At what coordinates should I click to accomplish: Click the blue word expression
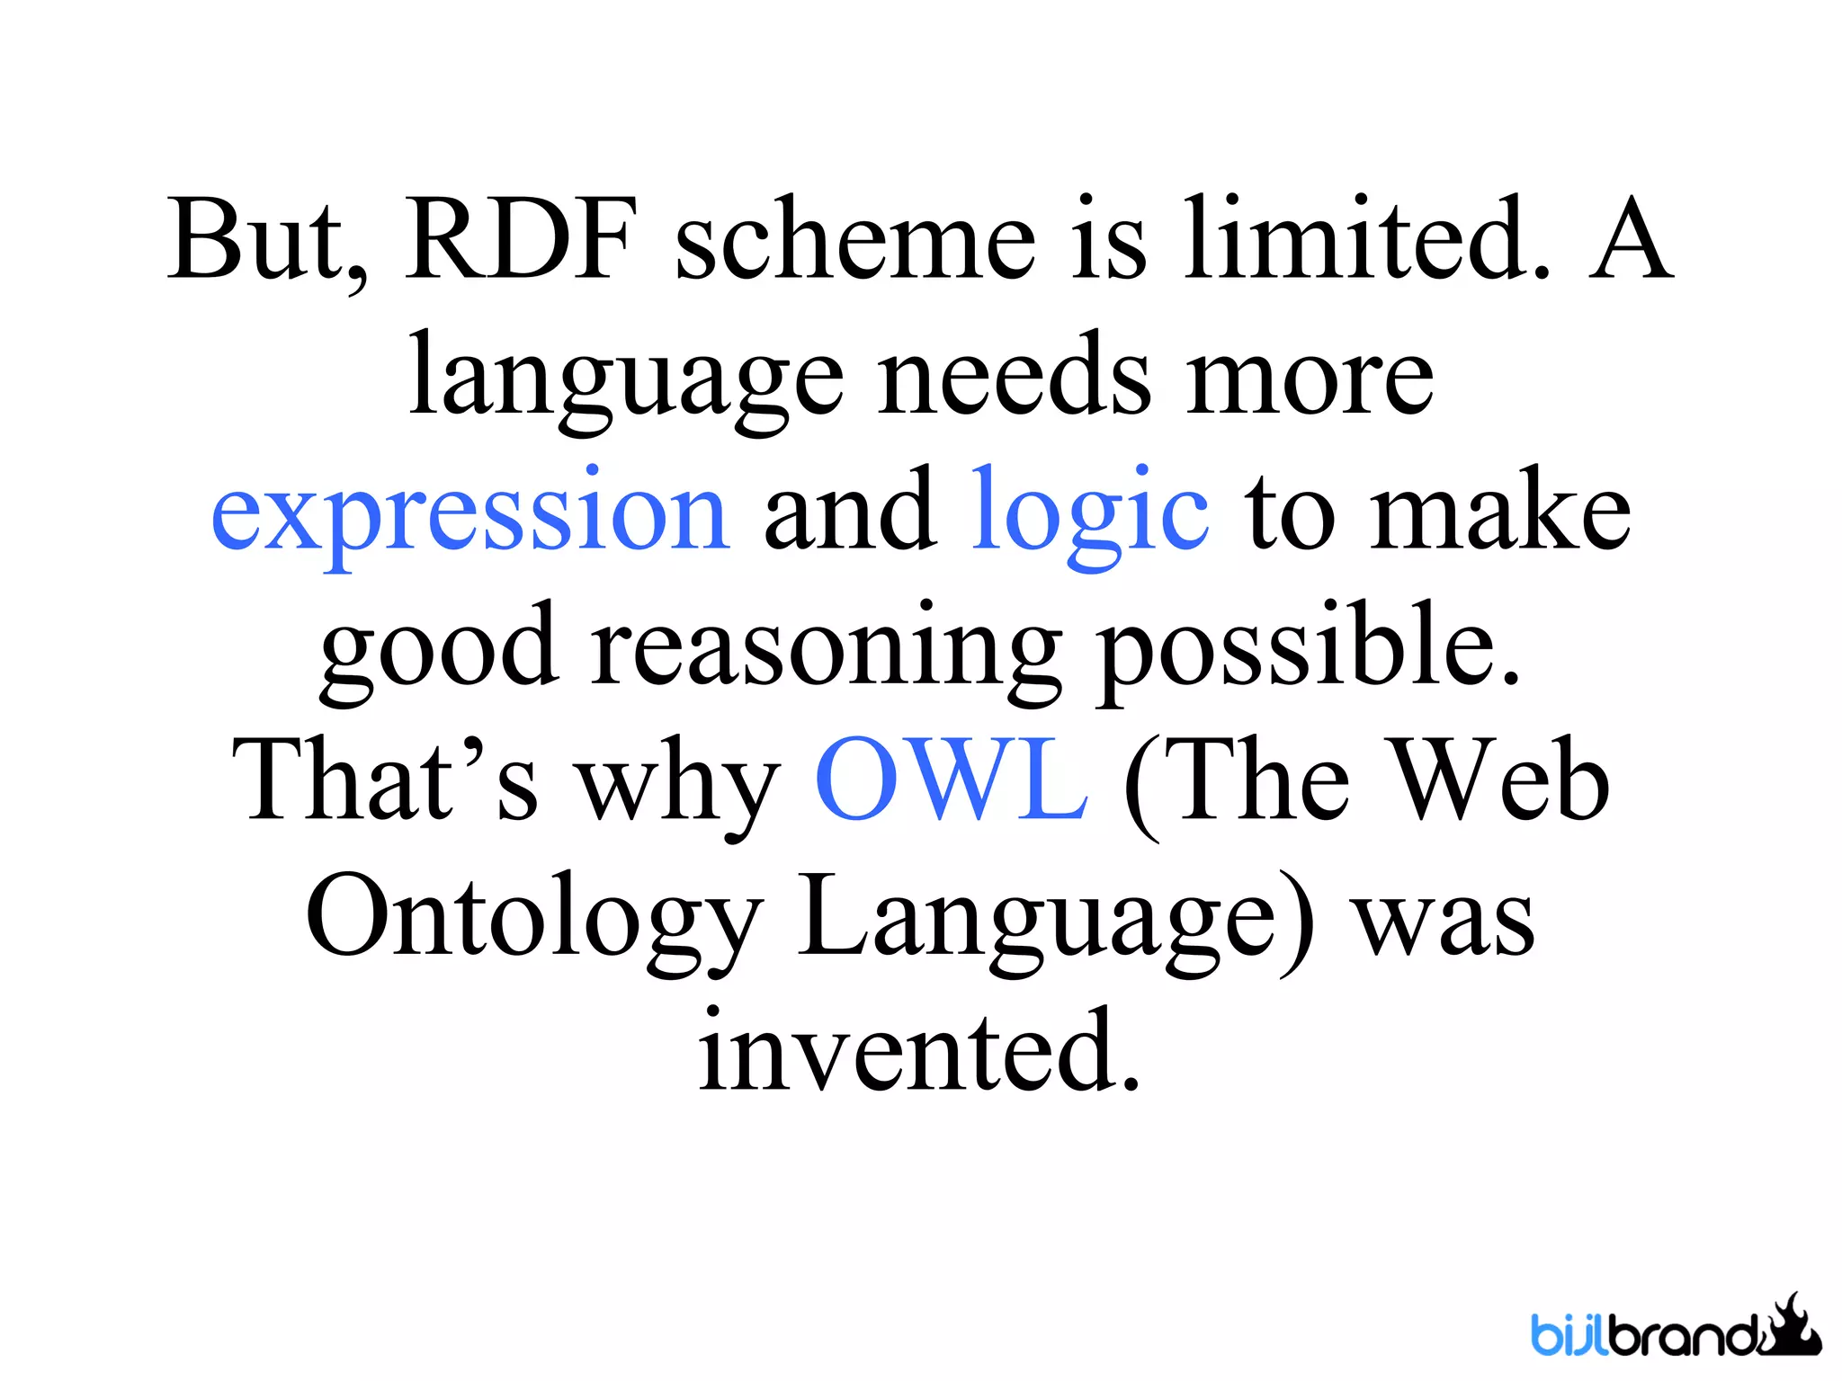469,512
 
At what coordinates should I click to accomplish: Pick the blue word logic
1090,512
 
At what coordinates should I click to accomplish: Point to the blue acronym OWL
952,780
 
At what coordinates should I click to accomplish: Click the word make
1500,512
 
